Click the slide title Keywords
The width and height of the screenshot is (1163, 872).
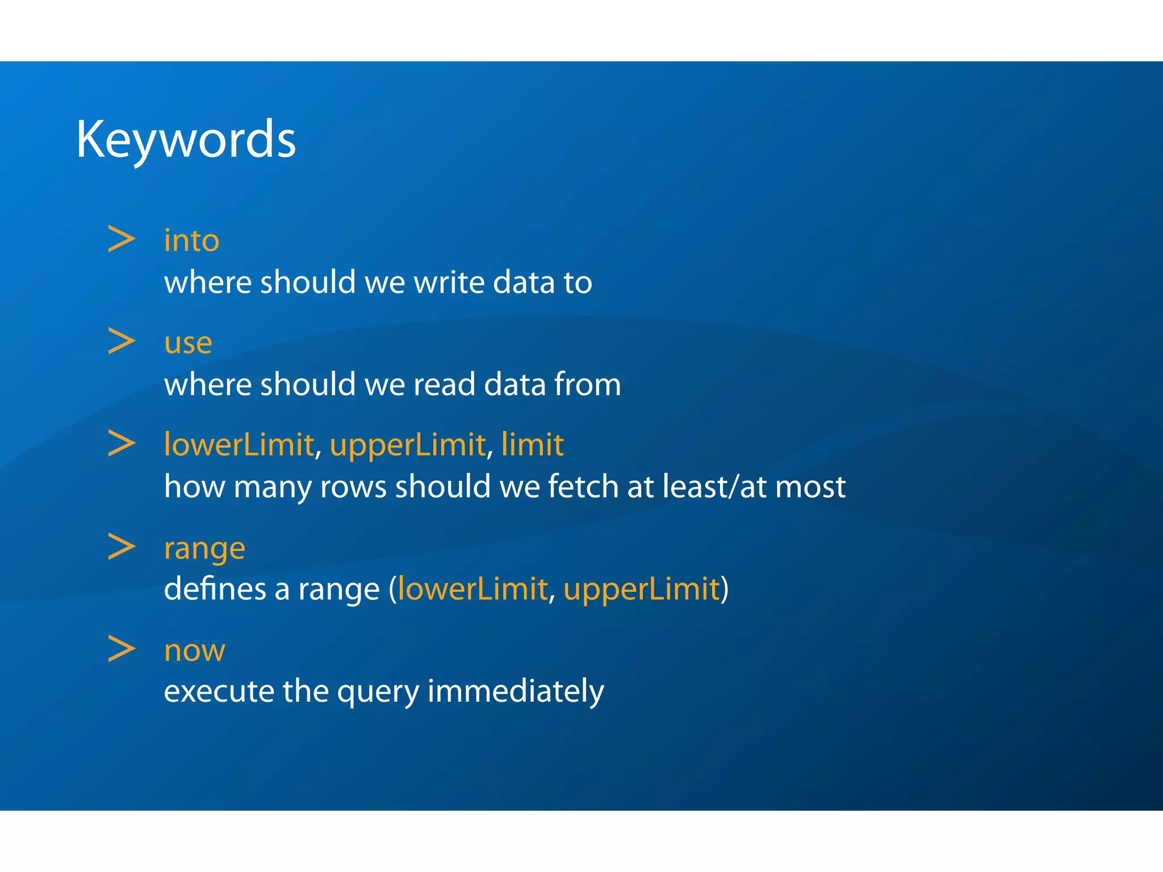[x=186, y=140]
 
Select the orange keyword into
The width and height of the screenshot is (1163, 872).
[x=191, y=241]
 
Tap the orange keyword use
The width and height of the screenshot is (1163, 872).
[x=188, y=343]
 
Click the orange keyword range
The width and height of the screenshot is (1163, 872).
[x=204, y=549]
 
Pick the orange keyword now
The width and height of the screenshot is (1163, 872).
[x=194, y=651]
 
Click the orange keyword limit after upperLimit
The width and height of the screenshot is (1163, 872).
[x=532, y=445]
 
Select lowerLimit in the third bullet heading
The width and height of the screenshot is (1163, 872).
[x=239, y=445]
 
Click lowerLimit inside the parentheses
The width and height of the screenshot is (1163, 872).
[x=472, y=589]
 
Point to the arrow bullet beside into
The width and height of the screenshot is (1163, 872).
[x=122, y=239]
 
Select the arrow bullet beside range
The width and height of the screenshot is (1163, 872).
[x=122, y=546]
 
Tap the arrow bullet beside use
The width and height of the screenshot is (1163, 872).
[x=122, y=341]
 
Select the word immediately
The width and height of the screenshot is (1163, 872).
[x=515, y=691]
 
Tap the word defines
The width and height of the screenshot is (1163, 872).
[x=215, y=589]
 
